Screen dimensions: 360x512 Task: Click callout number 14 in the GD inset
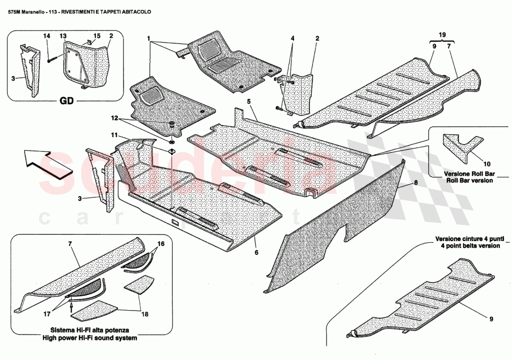tap(47, 36)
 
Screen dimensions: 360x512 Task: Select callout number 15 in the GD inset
tap(97, 36)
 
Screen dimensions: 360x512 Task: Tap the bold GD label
tap(67, 102)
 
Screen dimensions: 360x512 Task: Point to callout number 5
tap(249, 101)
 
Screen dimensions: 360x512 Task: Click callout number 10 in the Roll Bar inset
tap(487, 164)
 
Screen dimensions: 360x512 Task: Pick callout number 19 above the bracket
tap(442, 34)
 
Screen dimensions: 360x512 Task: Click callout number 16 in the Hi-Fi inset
tap(161, 244)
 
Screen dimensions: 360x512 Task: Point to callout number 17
tap(47, 315)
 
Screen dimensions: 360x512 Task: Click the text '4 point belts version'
tap(468, 245)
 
